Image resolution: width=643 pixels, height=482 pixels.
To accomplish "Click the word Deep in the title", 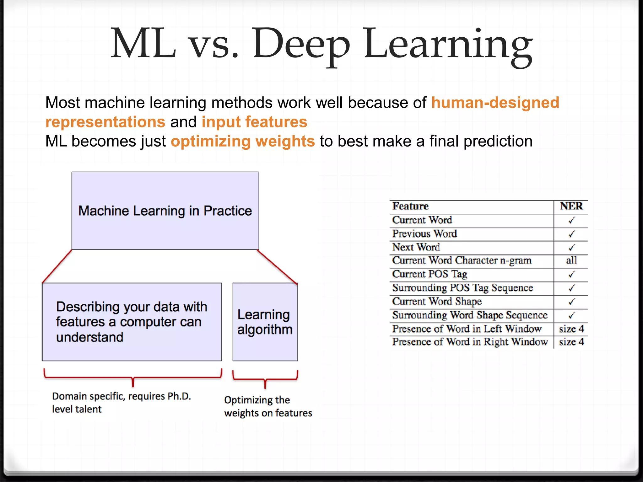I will (301, 44).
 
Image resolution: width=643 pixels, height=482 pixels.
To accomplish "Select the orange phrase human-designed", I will (495, 103).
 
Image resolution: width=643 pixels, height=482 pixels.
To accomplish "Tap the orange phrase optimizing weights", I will (242, 141).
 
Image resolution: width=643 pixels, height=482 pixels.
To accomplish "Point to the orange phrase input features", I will (254, 122).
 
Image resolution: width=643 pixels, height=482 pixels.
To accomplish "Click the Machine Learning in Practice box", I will (165, 211).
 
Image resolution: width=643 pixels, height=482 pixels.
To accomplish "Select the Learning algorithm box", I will (265, 322).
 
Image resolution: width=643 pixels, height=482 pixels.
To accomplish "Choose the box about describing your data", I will (132, 322).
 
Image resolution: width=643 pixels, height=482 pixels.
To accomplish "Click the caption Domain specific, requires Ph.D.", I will (121, 396).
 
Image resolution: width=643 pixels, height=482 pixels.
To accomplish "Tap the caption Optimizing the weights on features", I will (268, 406).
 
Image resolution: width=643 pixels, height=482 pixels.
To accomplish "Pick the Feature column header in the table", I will (410, 206).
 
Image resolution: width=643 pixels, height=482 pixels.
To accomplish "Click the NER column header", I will (571, 206).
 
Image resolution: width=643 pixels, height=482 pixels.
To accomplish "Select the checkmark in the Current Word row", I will (571, 220).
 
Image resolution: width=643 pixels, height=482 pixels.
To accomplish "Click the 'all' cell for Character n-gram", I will (571, 260).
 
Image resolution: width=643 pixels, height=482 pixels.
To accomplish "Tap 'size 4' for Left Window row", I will (571, 329).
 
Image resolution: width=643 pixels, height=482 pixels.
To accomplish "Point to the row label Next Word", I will (416, 247).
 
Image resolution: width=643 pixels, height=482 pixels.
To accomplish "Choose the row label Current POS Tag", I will (430, 274).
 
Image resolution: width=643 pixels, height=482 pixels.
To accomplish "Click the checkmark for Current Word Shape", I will (571, 302).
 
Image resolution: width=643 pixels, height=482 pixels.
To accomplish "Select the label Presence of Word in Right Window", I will (470, 342).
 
